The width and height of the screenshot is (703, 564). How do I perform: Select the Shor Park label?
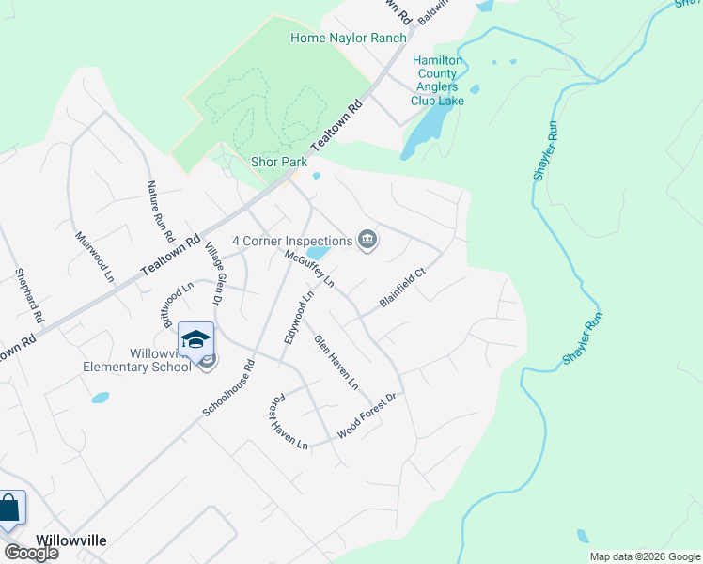point(279,162)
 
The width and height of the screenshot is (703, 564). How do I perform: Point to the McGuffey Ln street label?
point(310,268)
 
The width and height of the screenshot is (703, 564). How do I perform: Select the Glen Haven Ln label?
point(336,362)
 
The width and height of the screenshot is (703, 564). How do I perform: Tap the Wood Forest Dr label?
point(368,415)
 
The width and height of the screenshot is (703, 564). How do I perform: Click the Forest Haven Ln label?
point(289,420)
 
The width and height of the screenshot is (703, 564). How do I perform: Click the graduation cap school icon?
point(195,339)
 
